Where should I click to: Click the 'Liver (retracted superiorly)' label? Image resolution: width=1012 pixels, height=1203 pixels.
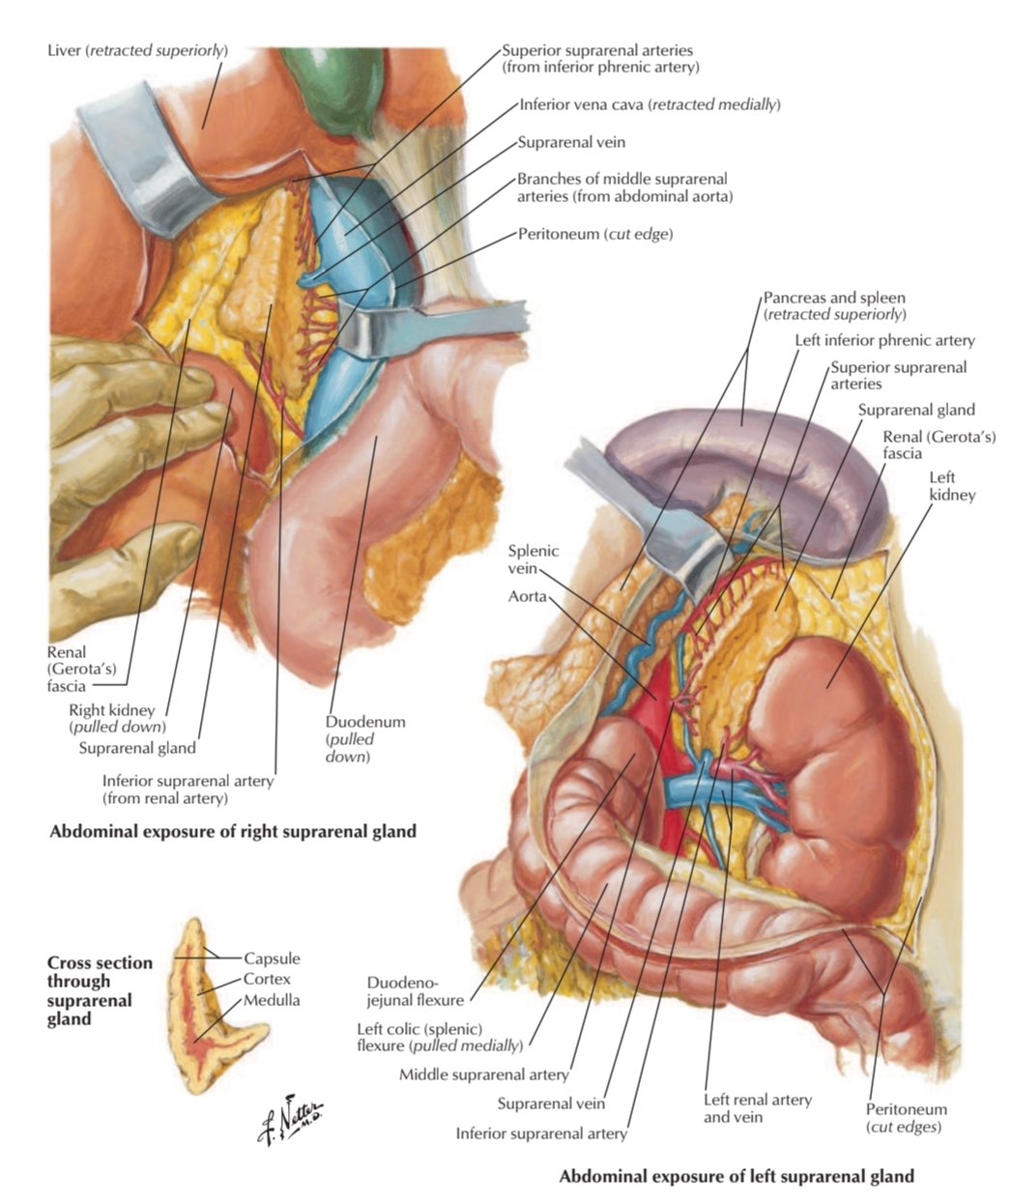click(x=137, y=49)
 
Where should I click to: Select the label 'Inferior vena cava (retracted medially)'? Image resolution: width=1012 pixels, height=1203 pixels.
click(x=649, y=104)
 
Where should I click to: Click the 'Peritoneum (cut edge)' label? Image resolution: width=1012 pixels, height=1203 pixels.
click(x=594, y=234)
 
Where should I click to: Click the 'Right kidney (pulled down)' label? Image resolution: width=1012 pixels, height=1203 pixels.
click(x=117, y=718)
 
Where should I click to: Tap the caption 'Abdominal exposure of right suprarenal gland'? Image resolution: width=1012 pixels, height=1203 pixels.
click(x=233, y=831)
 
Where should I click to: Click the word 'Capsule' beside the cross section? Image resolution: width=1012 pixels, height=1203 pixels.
click(x=272, y=959)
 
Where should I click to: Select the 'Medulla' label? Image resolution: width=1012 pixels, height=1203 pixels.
click(x=272, y=1000)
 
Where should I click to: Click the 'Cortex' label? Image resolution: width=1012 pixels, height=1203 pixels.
click(x=267, y=979)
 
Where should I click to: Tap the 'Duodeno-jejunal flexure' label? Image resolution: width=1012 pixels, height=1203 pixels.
click(x=416, y=991)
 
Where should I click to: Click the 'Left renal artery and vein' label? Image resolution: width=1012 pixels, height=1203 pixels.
click(x=757, y=1108)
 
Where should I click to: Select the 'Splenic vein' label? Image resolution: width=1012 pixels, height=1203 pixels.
click(x=534, y=559)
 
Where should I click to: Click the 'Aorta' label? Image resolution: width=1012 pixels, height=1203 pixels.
click(x=528, y=597)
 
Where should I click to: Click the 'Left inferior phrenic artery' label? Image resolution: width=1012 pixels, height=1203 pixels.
click(x=884, y=340)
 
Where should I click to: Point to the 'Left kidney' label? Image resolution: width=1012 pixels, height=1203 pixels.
click(x=951, y=486)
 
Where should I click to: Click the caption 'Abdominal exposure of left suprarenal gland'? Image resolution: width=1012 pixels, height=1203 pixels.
click(x=736, y=1177)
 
